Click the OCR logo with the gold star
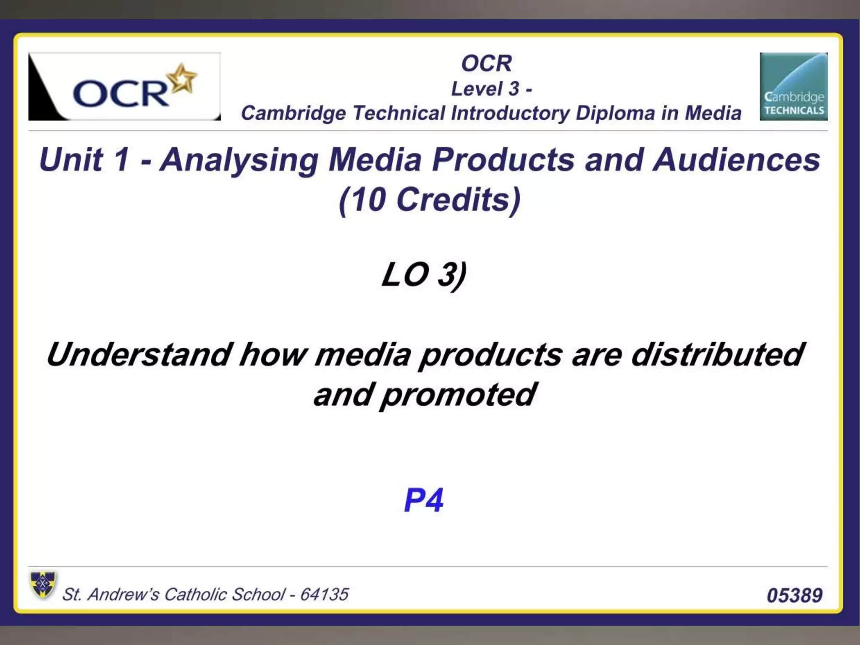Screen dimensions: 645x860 pos(124,87)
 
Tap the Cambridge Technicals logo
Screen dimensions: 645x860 pos(793,87)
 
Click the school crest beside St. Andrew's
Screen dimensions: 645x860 pos(43,585)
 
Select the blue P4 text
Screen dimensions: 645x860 pos(423,500)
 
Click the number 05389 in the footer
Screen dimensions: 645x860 pos(794,595)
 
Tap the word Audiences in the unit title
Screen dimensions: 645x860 pos(736,160)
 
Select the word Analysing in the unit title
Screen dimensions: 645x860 pos(240,161)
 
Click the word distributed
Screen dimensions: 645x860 pos(717,355)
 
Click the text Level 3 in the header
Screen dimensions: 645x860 pos(485,89)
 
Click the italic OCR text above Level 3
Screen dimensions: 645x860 pos(487,63)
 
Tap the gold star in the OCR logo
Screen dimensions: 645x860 pos(181,78)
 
